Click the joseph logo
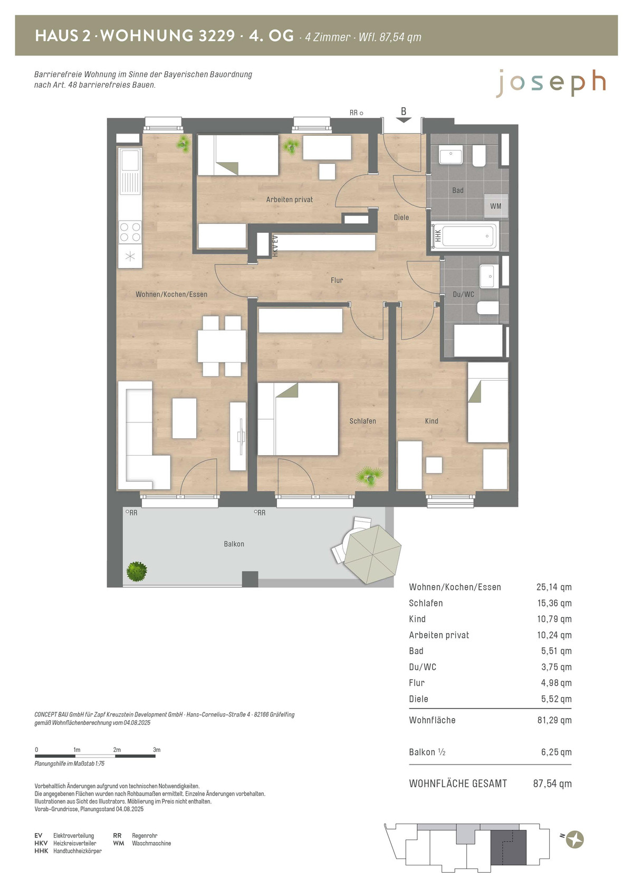pyautogui.click(x=551, y=83)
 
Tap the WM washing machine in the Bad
pyautogui.click(x=496, y=206)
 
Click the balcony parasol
pyautogui.click(x=372, y=554)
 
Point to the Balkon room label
pyautogui.click(x=234, y=544)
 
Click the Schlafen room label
pyautogui.click(x=362, y=421)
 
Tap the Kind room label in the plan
pyautogui.click(x=431, y=421)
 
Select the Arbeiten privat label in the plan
pyautogui.click(x=289, y=199)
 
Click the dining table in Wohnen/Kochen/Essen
pyautogui.click(x=222, y=346)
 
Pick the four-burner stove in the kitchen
pyautogui.click(x=130, y=232)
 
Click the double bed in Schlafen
pyautogui.click(x=298, y=419)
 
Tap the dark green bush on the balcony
pyautogui.click(x=137, y=571)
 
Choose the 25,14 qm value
pyautogui.click(x=554, y=587)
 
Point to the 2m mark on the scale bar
pyautogui.click(x=117, y=750)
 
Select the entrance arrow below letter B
pyautogui.click(x=404, y=120)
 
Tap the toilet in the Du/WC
pyautogui.click(x=488, y=308)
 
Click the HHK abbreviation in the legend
pyautogui.click(x=41, y=851)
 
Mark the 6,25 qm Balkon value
pyautogui.click(x=557, y=752)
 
